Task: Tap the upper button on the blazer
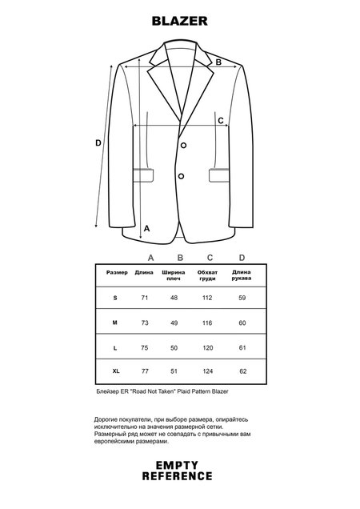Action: pyautogui.click(x=183, y=145)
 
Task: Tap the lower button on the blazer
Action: pyautogui.click(x=180, y=175)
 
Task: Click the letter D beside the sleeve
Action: pyautogui.click(x=98, y=143)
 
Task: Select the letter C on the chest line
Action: pyautogui.click(x=221, y=120)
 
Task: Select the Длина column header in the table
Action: pyautogui.click(x=145, y=272)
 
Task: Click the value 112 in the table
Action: pyautogui.click(x=209, y=298)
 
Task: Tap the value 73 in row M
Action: pyautogui.click(x=145, y=322)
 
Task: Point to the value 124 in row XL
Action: pyautogui.click(x=209, y=372)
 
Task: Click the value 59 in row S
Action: pyautogui.click(x=242, y=298)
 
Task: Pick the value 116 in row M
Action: pyautogui.click(x=209, y=322)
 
